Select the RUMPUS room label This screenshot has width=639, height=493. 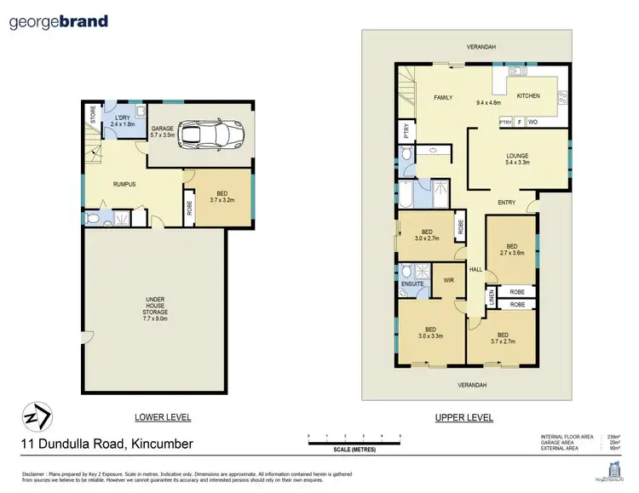coord(126,183)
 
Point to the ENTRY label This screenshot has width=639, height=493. coord(508,202)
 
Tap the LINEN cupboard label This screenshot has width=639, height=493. coord(492,297)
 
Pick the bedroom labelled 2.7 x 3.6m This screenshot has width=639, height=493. coord(511,246)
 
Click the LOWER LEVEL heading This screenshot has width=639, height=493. coord(163,417)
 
